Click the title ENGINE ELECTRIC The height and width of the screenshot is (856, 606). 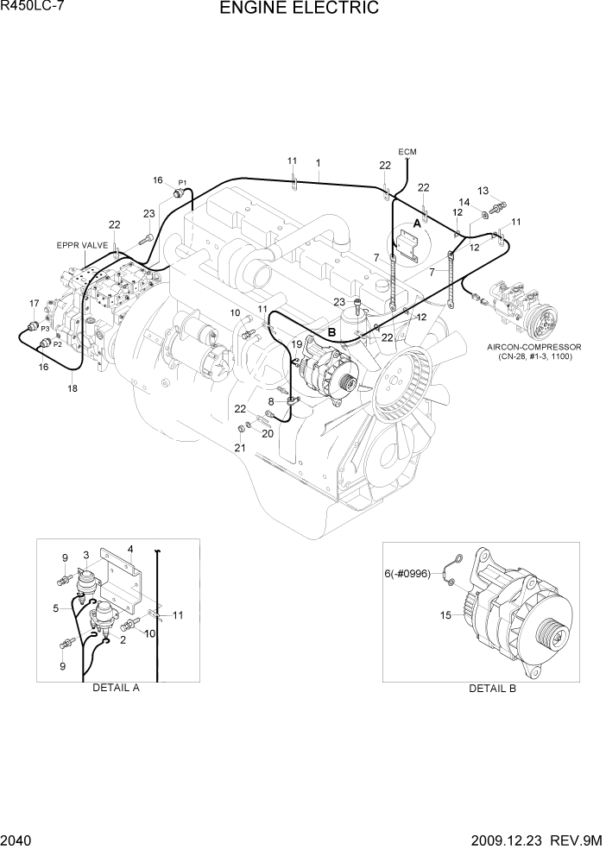299,9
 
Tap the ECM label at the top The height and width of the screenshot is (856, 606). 407,152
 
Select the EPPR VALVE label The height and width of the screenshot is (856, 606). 82,245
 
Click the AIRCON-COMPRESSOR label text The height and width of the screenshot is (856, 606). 534,347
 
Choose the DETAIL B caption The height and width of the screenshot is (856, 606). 492,688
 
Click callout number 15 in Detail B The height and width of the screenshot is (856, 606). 446,615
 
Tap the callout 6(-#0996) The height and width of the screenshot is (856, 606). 408,571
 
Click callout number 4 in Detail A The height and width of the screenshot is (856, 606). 129,548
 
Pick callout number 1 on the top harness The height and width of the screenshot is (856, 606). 319,162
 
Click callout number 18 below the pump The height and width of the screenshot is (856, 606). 72,389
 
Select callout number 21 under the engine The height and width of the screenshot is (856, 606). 239,447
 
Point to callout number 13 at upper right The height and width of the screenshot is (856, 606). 483,191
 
